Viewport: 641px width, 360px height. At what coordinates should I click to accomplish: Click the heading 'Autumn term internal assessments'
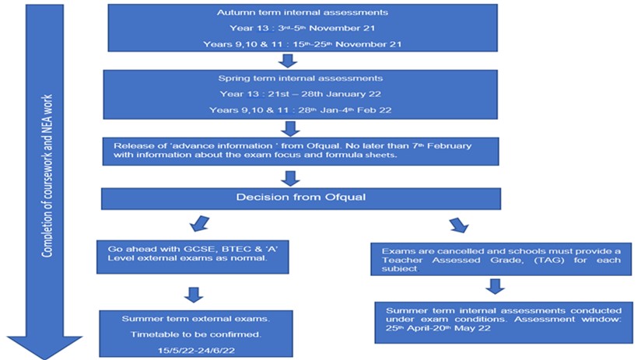pyautogui.click(x=302, y=12)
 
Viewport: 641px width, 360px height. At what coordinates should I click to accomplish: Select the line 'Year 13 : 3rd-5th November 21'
pyautogui.click(x=302, y=28)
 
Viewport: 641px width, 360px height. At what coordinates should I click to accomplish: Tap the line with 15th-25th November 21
pyautogui.click(x=302, y=44)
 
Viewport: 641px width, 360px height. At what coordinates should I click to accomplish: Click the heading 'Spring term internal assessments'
pyautogui.click(x=300, y=79)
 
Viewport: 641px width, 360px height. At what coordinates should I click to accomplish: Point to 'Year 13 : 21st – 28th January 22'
pyautogui.click(x=300, y=94)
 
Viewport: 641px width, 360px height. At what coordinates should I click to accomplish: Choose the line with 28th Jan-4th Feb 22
pyautogui.click(x=300, y=110)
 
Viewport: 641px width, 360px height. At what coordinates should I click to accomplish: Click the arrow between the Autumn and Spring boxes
pyautogui.click(x=288, y=61)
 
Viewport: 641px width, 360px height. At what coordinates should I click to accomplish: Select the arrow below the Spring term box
pyautogui.click(x=290, y=128)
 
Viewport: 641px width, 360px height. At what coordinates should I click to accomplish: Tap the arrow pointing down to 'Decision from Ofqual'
pyautogui.click(x=291, y=179)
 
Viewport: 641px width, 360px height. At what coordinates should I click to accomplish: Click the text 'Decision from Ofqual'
pyautogui.click(x=301, y=197)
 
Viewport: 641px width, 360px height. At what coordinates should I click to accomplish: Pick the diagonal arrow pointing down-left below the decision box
pyautogui.click(x=199, y=223)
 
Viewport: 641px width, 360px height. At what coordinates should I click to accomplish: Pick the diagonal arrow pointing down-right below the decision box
pyautogui.click(x=459, y=225)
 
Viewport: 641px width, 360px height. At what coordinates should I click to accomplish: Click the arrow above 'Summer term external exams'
pyautogui.click(x=194, y=295)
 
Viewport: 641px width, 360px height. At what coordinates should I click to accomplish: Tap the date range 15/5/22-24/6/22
pyautogui.click(x=196, y=351)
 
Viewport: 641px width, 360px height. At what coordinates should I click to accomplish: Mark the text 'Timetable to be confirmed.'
pyautogui.click(x=196, y=334)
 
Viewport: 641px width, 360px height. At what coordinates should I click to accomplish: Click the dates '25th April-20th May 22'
pyautogui.click(x=438, y=328)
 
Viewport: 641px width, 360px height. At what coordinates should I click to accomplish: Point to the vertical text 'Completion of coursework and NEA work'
pyautogui.click(x=47, y=177)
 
